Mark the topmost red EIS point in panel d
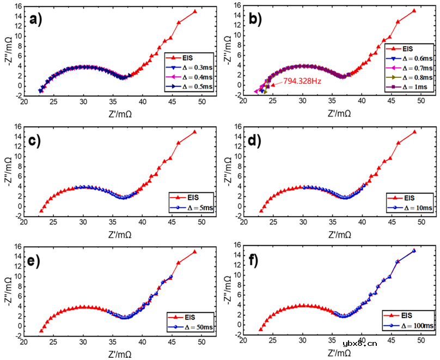(x=414, y=132)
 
